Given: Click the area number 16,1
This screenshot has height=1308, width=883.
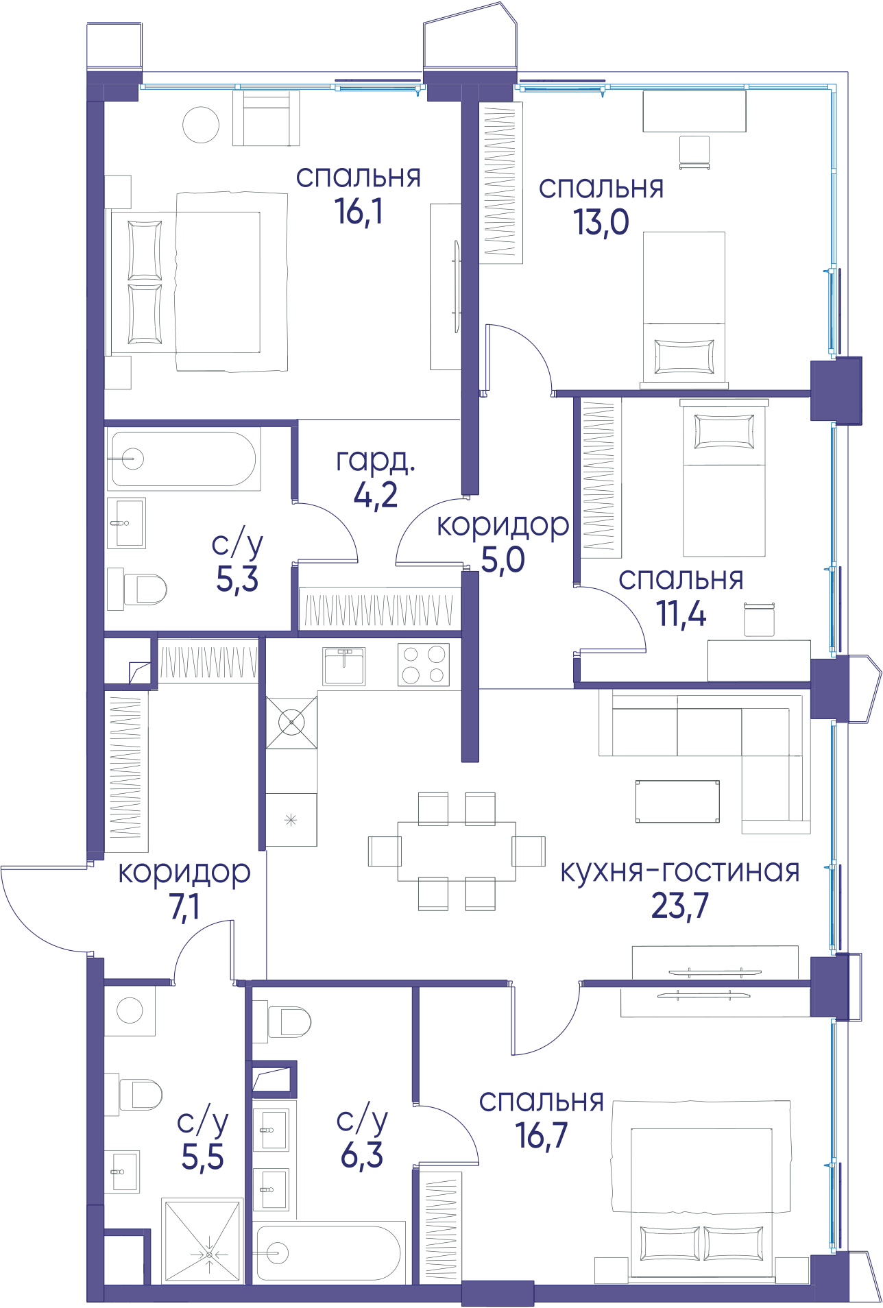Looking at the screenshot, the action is [x=359, y=211].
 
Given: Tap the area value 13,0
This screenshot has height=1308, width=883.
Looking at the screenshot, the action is [x=601, y=222].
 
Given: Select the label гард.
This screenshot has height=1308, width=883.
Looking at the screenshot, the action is [x=376, y=461].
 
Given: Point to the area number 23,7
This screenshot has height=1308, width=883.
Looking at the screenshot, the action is [x=679, y=906].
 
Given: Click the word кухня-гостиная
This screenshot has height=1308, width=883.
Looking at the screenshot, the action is [x=680, y=871].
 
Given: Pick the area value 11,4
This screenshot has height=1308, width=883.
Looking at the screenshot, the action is [x=681, y=614].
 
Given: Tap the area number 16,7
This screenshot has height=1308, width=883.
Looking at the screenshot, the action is [x=542, y=1135].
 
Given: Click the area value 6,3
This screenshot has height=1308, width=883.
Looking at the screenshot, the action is [x=362, y=1155].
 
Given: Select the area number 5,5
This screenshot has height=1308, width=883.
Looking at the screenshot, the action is [x=202, y=1156].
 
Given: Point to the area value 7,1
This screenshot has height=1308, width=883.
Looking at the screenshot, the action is [x=184, y=907].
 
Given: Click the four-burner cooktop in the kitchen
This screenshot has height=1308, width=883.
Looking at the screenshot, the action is [x=424, y=664].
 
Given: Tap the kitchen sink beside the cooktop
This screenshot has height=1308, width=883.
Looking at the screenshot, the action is [x=344, y=666].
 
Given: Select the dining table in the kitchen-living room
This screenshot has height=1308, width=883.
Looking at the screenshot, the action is [x=457, y=851].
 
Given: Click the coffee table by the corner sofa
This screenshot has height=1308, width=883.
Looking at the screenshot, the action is [x=677, y=801].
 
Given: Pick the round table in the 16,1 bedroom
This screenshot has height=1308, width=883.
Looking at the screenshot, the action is [x=201, y=125].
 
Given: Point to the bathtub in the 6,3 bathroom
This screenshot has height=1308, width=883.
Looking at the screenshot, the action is [x=328, y=1252].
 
